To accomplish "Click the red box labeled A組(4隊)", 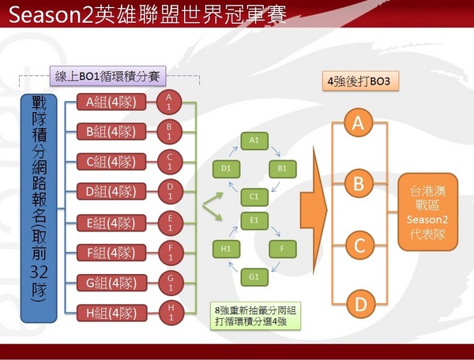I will (111, 101).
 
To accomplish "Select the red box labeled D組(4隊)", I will (111, 191).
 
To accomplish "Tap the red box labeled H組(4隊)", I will (111, 311).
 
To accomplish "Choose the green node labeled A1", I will (254, 140).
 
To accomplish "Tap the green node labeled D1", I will (226, 168).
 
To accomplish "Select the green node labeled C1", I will (254, 195).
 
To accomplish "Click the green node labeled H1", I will (226, 249).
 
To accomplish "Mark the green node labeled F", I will (282, 249).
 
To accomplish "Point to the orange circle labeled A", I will (359, 123).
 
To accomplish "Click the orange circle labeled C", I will (359, 246).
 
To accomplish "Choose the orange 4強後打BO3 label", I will (351, 81).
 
